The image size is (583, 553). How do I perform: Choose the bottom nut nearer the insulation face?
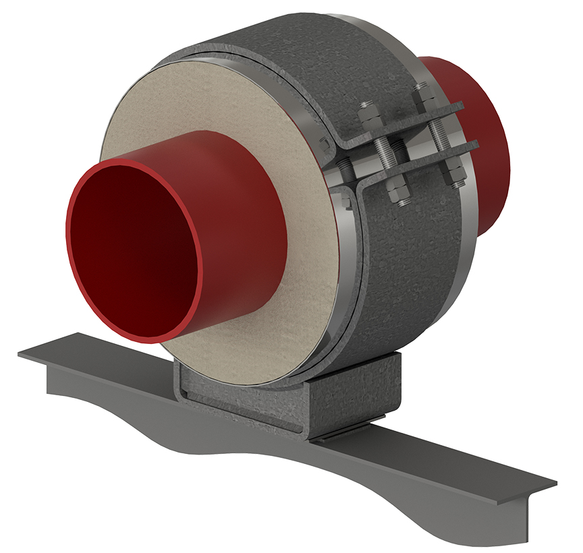point(400,196)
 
